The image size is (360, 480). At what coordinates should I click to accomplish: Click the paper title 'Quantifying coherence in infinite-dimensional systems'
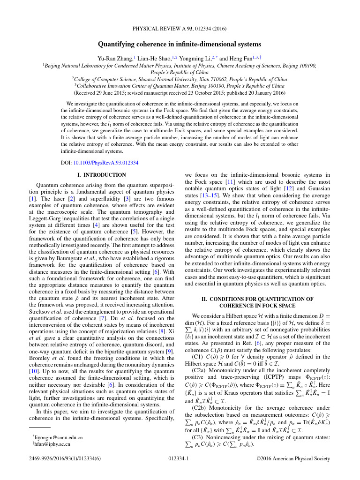(180, 44)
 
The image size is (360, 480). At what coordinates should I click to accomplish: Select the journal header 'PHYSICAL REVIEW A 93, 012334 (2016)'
(180, 29)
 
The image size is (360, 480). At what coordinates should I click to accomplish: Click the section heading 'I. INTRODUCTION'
(101, 175)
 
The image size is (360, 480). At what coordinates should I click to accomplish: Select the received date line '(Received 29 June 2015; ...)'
(180, 93)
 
